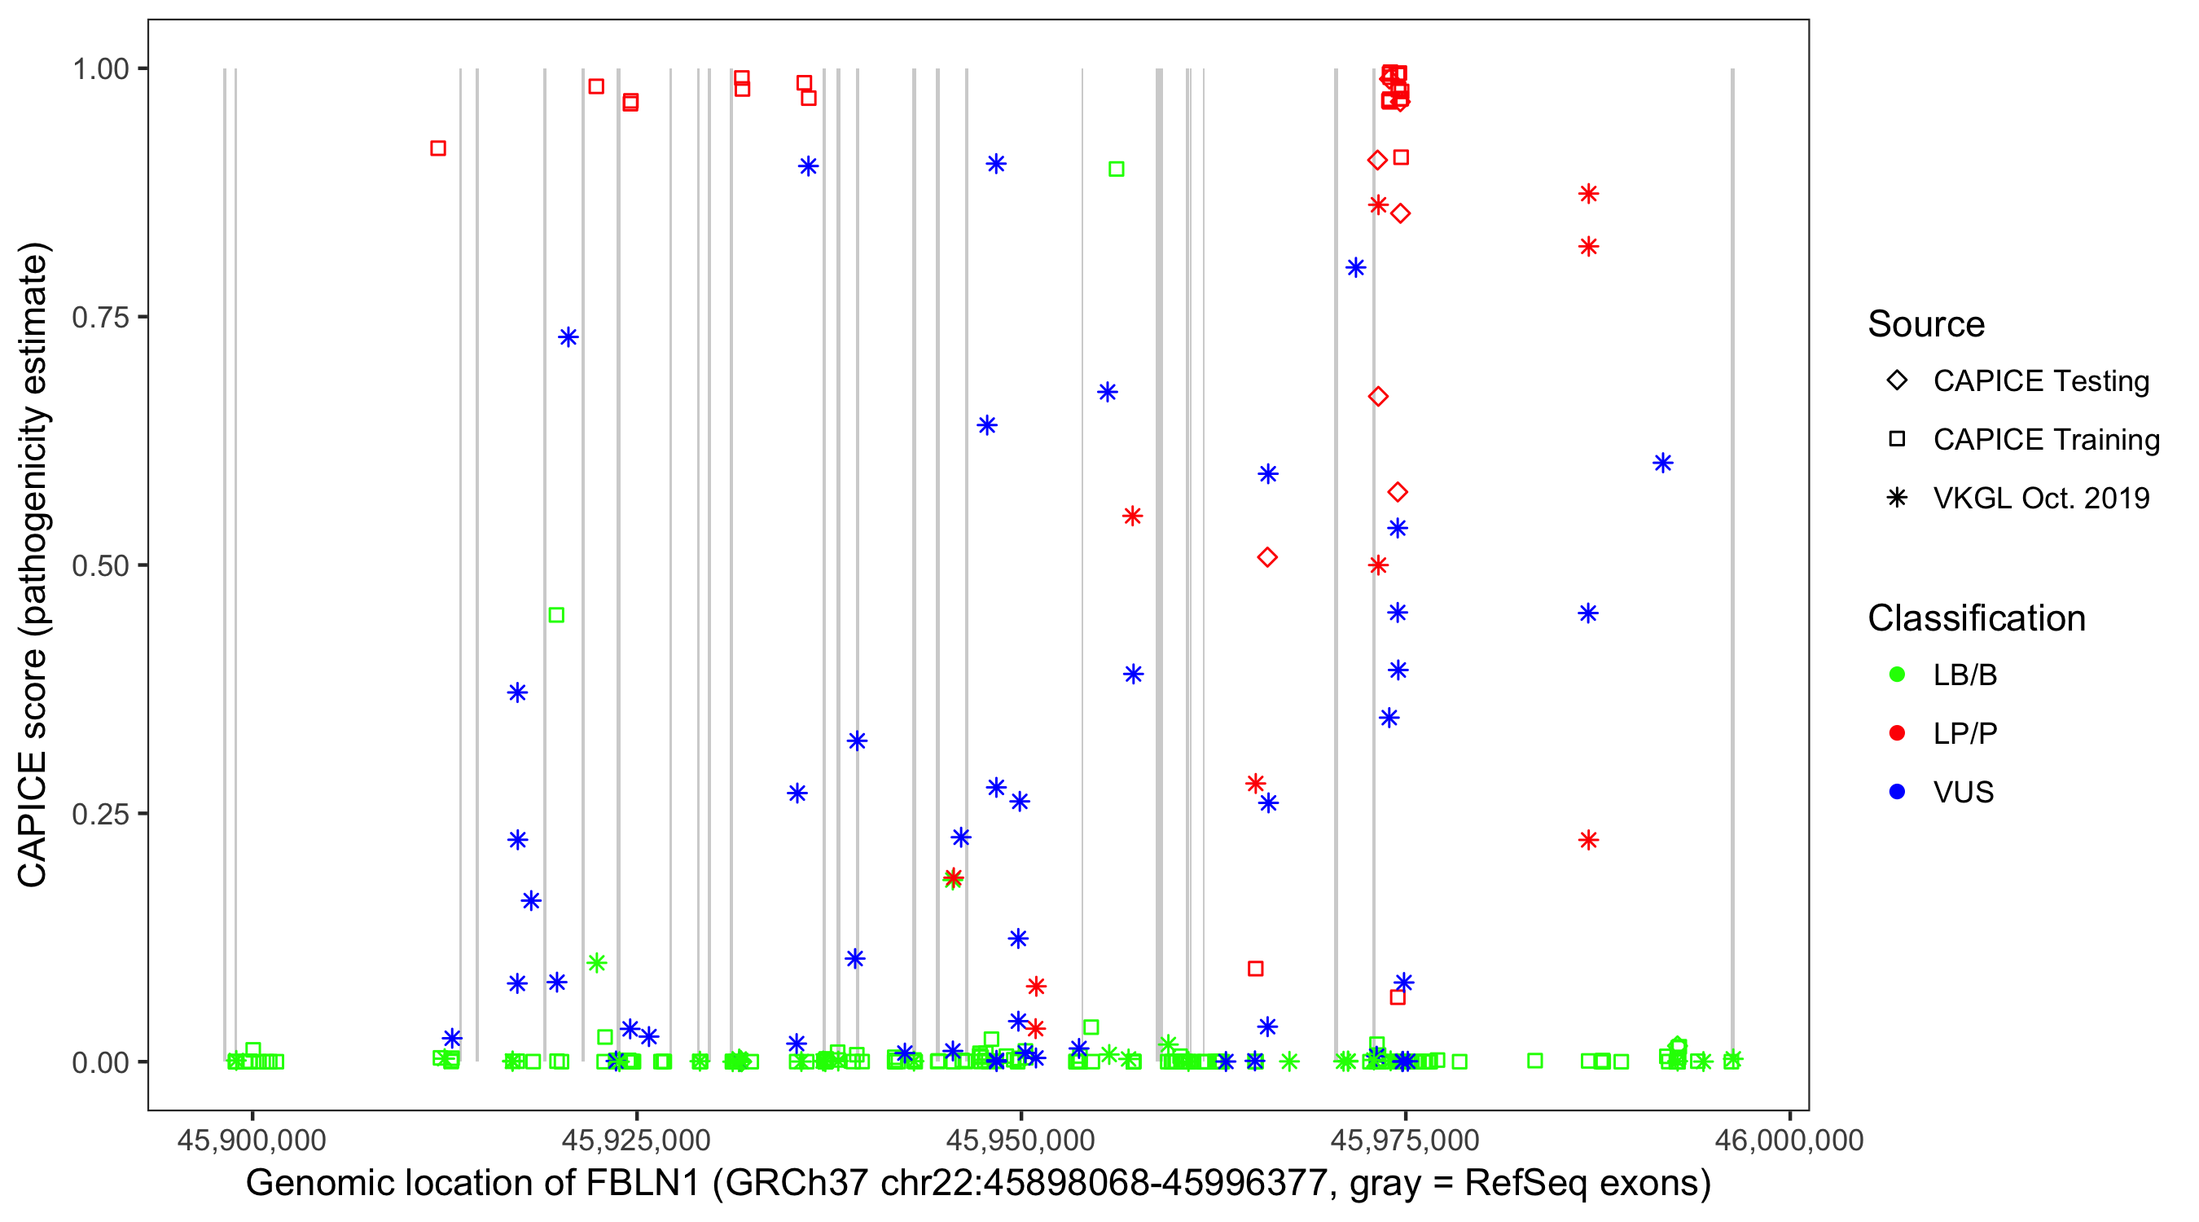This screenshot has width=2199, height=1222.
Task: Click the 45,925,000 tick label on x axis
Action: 636,1140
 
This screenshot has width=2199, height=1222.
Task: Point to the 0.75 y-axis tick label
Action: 99,318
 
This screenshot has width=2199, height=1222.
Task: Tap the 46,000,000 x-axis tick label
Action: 1789,1140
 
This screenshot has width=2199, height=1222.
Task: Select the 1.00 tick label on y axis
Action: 99,69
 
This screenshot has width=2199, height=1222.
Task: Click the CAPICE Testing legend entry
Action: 2040,381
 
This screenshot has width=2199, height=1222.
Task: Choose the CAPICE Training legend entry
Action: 2045,440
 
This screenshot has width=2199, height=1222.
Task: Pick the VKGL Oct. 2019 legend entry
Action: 2040,498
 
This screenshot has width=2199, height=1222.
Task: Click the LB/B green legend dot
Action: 1897,675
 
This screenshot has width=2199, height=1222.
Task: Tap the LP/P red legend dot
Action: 1897,733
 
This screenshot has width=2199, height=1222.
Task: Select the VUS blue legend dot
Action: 1897,792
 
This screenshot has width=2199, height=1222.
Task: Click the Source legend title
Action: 1926,324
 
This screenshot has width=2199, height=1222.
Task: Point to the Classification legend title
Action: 1976,618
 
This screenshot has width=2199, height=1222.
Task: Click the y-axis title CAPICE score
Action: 34,565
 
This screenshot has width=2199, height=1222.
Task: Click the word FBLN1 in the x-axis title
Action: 642,1184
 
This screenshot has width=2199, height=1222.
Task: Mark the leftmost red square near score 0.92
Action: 438,148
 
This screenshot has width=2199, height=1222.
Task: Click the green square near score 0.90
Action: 1116,169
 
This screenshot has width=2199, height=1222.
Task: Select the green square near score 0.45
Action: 555,615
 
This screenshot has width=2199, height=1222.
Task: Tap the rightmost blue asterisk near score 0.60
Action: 1662,463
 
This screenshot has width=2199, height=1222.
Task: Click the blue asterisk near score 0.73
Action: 568,337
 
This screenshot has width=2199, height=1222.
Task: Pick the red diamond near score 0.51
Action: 1266,557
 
